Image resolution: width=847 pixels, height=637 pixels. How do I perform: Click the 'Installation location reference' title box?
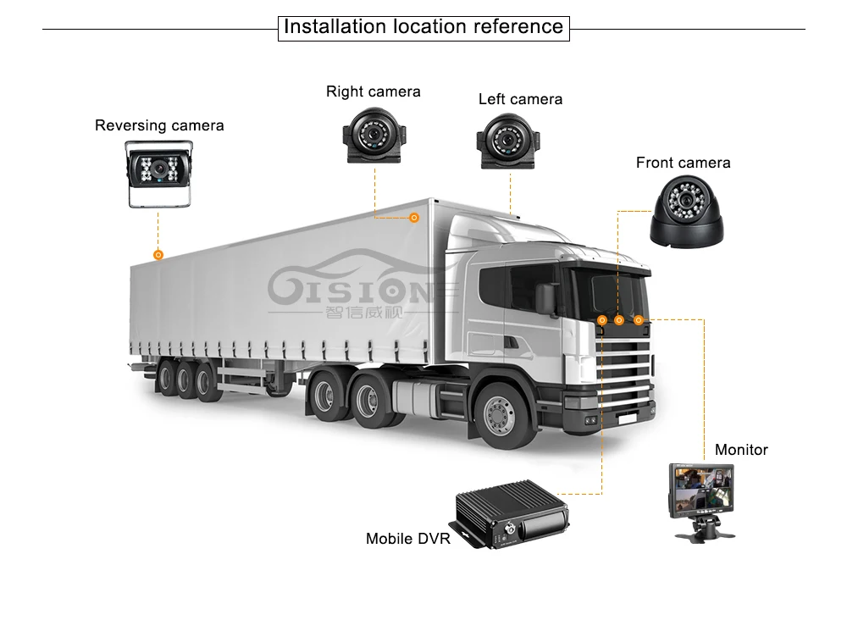click(x=423, y=28)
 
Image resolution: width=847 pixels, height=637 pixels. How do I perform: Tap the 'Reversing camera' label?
click(x=159, y=125)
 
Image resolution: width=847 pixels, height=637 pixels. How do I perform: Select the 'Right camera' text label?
click(x=374, y=91)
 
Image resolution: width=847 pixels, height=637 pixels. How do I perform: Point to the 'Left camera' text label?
click(x=520, y=99)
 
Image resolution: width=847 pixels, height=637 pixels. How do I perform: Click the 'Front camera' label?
click(x=683, y=163)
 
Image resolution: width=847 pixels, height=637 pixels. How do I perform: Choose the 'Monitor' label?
click(x=741, y=450)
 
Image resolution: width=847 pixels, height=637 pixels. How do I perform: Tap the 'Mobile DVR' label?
click(x=408, y=539)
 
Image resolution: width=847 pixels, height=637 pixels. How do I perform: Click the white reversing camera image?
click(x=159, y=174)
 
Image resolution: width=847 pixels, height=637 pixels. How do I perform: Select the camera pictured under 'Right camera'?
click(x=374, y=136)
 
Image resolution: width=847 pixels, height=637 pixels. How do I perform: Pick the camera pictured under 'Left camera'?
click(x=507, y=141)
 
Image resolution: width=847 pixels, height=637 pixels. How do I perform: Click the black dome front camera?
click(x=687, y=212)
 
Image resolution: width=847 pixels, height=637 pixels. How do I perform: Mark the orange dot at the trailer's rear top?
click(x=158, y=255)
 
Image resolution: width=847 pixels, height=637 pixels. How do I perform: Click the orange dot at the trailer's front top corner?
click(x=414, y=218)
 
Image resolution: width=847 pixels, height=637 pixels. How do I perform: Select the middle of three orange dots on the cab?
click(x=619, y=320)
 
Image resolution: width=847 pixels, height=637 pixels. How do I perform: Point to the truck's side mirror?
click(x=546, y=297)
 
